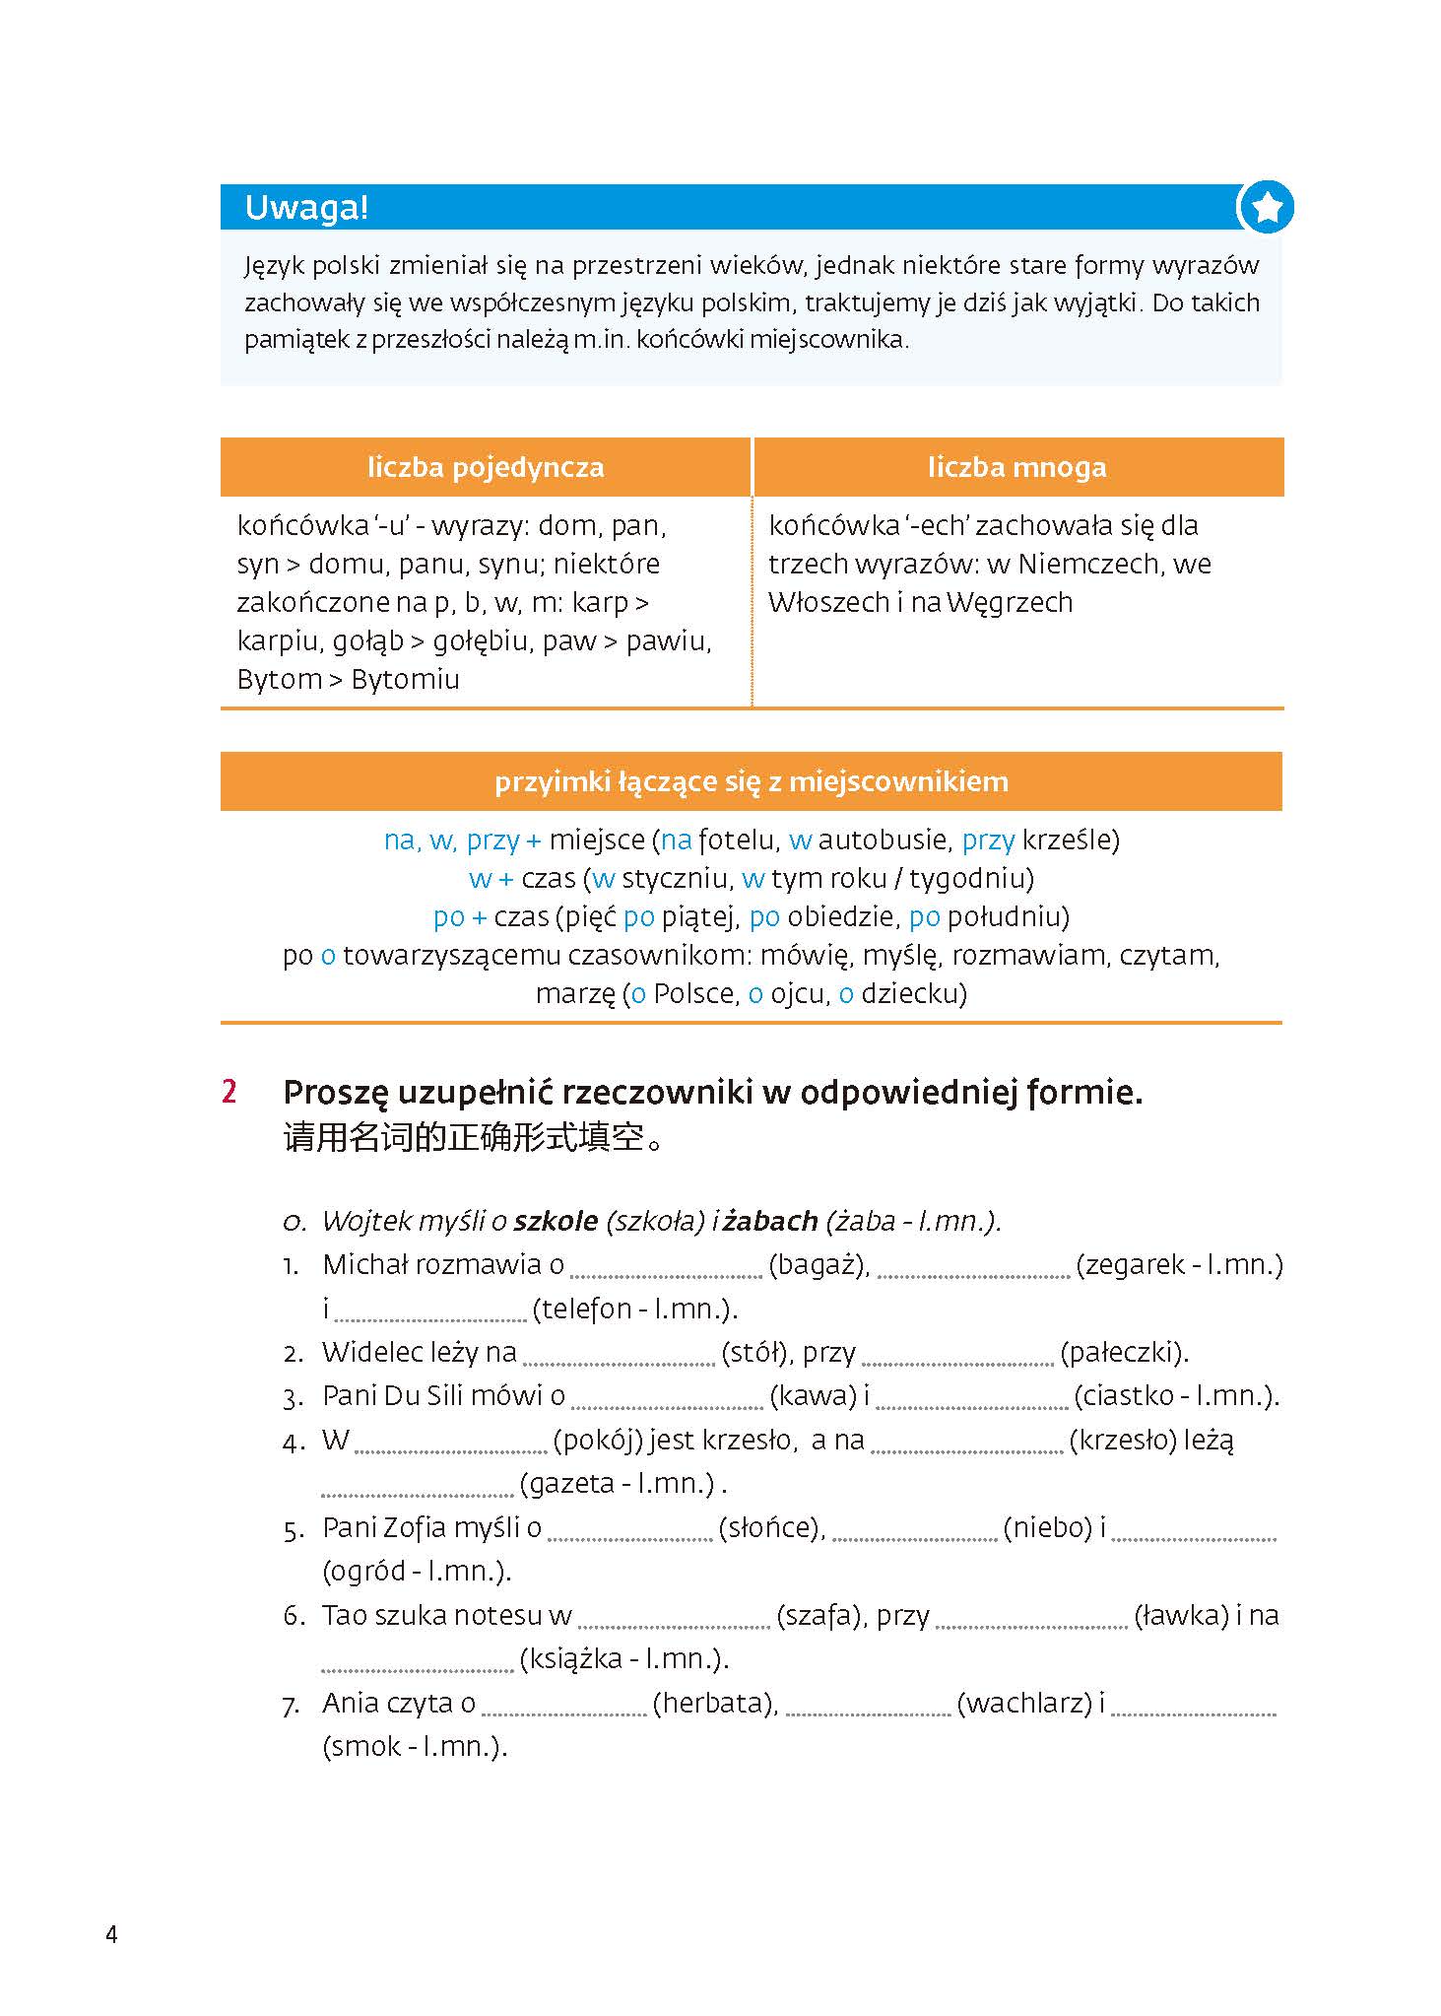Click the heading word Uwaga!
[x=306, y=208]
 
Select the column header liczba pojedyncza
[x=486, y=467]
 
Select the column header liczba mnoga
[x=1016, y=467]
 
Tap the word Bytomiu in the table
[x=405, y=680]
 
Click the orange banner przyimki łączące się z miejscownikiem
[x=751, y=781]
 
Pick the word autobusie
[x=884, y=840]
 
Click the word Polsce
[x=695, y=994]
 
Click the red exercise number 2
[x=229, y=1092]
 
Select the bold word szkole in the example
[x=557, y=1222]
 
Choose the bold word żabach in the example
[x=770, y=1222]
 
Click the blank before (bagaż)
[x=666, y=1269]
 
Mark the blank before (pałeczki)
[x=957, y=1357]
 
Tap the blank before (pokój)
[x=450, y=1445]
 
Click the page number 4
[x=111, y=1935]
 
